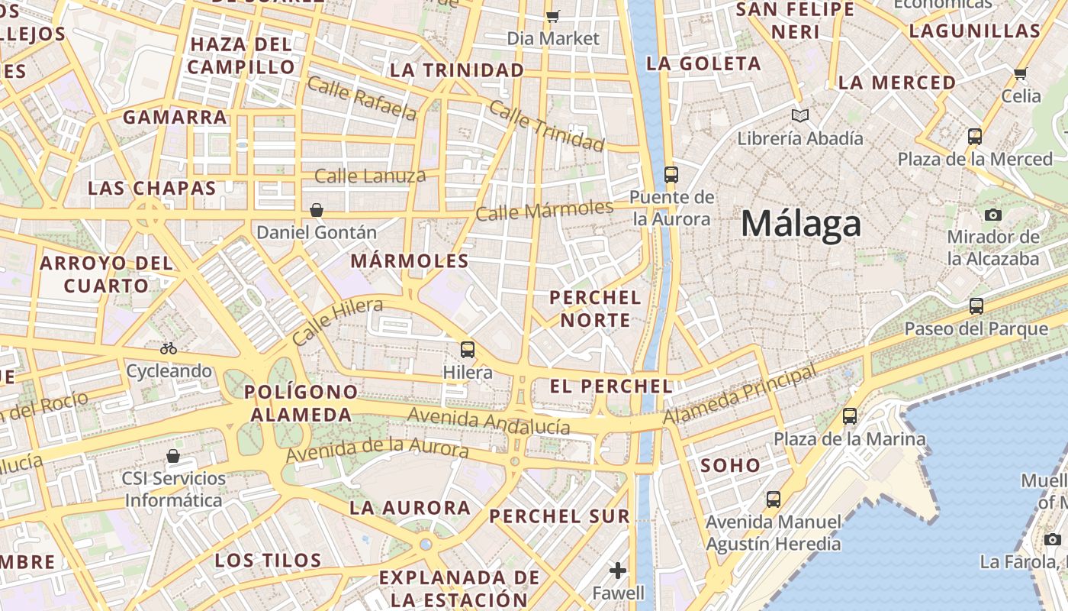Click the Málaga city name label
801,224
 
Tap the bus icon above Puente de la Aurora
671,175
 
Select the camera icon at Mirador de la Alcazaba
993,215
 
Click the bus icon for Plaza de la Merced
975,137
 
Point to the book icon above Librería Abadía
799,116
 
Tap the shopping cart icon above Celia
1021,73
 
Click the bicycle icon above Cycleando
169,348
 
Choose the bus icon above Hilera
468,350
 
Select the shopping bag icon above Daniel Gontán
317,209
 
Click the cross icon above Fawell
618,570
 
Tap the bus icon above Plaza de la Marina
850,416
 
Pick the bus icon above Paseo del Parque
976,306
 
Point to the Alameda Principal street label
739,395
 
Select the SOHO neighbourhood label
730,465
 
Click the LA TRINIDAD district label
457,70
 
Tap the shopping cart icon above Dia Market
553,16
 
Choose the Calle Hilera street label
337,321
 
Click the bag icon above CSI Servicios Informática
173,456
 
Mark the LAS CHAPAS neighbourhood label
152,188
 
